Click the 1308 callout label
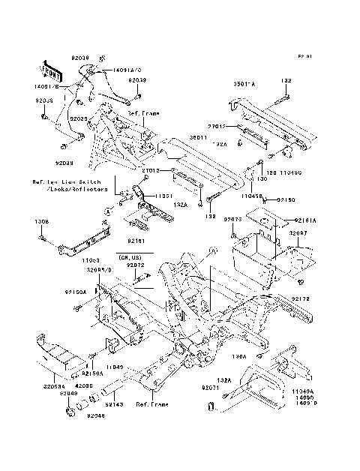42,223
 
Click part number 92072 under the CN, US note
135,265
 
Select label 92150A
75,291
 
